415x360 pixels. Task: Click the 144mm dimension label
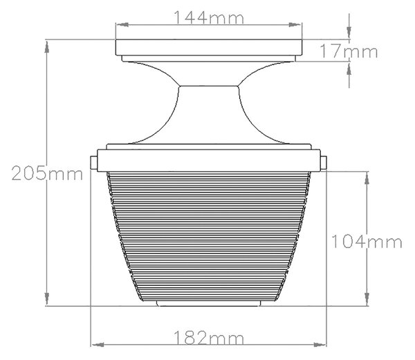click(x=209, y=18)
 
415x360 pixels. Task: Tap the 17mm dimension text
click(x=349, y=51)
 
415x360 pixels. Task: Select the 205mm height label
click(x=47, y=174)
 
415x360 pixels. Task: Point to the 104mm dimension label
click(x=367, y=242)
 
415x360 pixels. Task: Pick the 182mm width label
click(x=209, y=338)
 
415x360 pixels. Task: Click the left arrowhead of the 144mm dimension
click(x=122, y=25)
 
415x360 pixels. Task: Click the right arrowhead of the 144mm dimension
click(x=295, y=25)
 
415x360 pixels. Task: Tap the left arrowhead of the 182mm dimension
click(x=97, y=345)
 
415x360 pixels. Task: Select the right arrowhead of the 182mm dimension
click(x=320, y=345)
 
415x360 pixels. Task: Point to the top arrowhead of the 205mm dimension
click(x=47, y=46)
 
